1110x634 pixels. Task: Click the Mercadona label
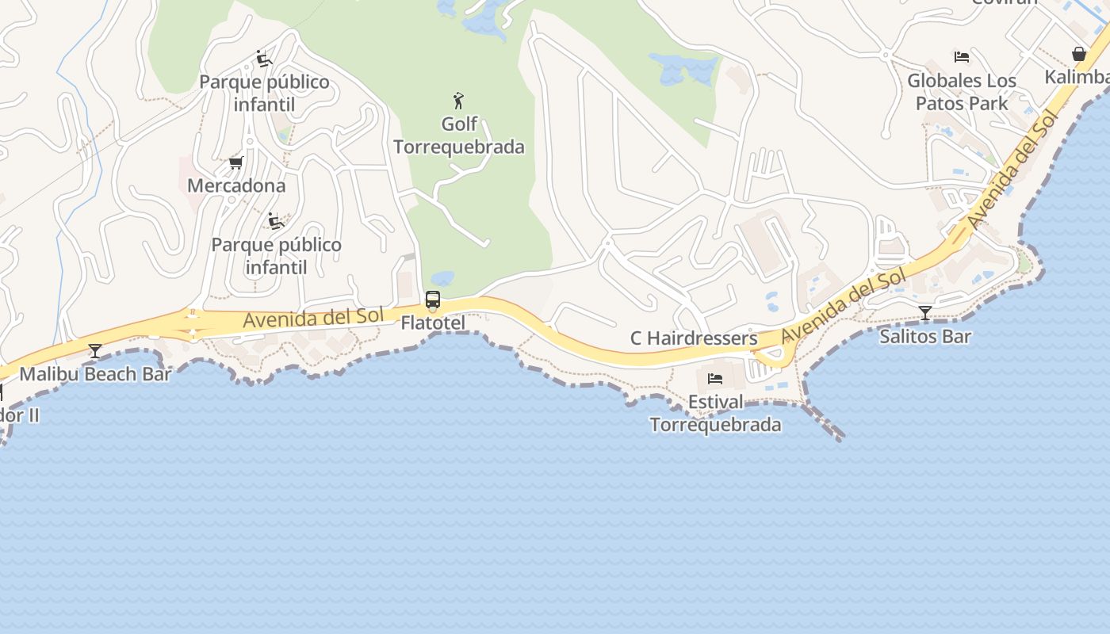(236, 185)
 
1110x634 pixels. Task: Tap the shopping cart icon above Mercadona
(235, 162)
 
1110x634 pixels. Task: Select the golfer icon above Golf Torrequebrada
(458, 101)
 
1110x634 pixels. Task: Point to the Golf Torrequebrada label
(459, 136)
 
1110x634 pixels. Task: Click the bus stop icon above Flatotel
(433, 300)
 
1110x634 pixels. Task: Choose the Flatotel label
(433, 323)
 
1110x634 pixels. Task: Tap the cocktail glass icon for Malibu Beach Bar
(95, 350)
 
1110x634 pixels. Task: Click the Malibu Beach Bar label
(95, 374)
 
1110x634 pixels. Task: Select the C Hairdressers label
(694, 338)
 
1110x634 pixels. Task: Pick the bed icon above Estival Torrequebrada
(715, 379)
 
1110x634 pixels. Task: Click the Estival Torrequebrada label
(715, 413)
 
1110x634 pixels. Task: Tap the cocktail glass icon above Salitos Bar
(924, 313)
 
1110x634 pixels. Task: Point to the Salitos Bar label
(925, 336)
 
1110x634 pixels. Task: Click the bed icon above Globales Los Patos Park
(962, 57)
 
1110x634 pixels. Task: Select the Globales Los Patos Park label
(962, 92)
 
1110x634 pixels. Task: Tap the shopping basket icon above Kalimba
(1078, 54)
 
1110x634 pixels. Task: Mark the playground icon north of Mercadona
(264, 59)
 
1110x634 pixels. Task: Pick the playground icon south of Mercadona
(275, 221)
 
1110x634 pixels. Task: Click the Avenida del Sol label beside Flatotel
(313, 318)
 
